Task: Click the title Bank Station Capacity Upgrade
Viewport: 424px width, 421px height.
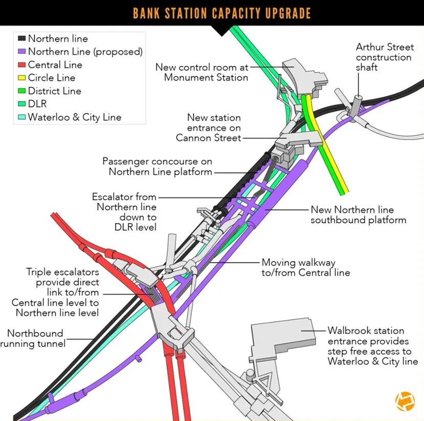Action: point(221,13)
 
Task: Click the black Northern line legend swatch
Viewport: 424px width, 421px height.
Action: point(22,39)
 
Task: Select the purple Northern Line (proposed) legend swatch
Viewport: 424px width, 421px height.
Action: point(22,52)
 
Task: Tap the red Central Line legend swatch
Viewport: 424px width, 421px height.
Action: point(22,65)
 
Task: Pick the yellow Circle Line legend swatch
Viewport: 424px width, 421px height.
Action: point(22,78)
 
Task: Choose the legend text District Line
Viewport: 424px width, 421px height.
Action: point(54,91)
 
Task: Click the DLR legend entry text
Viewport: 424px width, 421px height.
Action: point(37,104)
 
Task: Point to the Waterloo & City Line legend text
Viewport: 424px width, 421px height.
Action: point(74,117)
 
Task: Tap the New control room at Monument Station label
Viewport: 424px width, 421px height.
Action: point(202,72)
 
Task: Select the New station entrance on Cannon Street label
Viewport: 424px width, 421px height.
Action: point(209,127)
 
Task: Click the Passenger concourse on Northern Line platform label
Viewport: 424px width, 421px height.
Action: point(158,166)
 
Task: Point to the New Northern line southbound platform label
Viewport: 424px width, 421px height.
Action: point(358,215)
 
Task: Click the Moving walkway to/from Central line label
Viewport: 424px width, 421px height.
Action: point(305,267)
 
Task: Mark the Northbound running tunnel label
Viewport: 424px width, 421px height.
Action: point(35,338)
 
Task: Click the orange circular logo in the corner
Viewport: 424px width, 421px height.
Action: point(405,401)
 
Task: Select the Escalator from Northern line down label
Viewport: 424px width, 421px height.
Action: point(125,212)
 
